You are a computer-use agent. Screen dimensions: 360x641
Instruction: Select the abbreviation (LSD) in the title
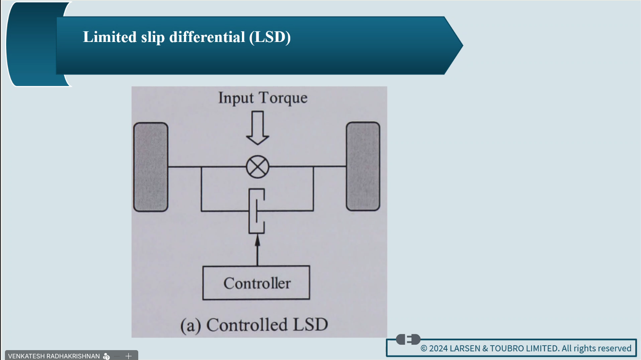click(269, 37)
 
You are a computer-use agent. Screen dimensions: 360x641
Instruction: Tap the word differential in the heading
click(207, 37)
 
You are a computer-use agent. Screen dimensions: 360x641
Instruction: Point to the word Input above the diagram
click(236, 98)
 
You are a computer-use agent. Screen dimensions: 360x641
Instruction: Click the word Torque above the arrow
click(283, 98)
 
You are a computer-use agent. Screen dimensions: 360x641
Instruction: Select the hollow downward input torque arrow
click(258, 128)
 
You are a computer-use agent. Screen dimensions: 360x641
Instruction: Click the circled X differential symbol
click(258, 167)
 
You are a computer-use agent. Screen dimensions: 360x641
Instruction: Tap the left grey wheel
click(151, 167)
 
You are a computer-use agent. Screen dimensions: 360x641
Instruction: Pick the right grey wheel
click(363, 166)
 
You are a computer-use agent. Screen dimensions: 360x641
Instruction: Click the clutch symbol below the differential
click(257, 211)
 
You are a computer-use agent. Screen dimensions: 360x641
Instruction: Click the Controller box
click(256, 283)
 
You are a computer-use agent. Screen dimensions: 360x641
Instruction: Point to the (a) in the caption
click(190, 325)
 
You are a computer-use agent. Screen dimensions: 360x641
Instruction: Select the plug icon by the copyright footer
click(408, 339)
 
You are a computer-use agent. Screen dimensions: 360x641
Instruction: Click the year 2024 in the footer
click(438, 348)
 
